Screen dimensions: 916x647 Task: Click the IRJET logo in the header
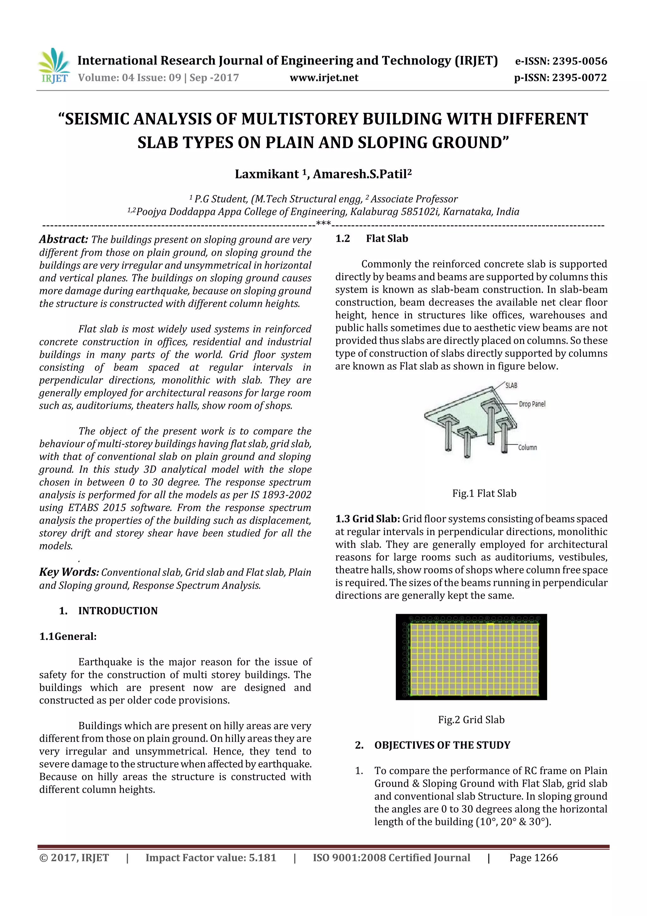tap(54, 66)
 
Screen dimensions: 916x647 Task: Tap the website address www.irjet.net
tap(324, 77)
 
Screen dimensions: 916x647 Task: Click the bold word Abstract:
tap(63, 239)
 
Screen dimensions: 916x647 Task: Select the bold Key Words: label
tap(69, 572)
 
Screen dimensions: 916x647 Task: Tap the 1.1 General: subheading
tap(68, 636)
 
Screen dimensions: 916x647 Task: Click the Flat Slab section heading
tap(387, 239)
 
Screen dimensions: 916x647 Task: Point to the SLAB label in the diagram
tap(511, 385)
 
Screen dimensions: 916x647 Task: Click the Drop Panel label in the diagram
tap(532, 404)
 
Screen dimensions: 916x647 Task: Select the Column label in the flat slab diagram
tap(527, 448)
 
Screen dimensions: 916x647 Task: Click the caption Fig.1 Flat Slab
tap(484, 494)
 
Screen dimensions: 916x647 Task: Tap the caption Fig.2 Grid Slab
tap(471, 720)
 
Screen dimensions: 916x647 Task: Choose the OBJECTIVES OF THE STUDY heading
tap(442, 745)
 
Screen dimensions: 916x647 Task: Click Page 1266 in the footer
tap(533, 858)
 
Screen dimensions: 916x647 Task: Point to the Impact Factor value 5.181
tap(210, 858)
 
